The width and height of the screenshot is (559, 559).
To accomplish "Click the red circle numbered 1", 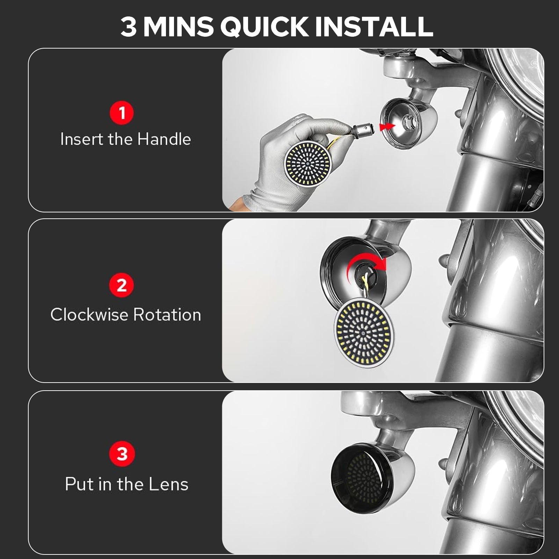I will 122,113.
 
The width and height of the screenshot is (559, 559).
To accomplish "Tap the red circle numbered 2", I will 122,285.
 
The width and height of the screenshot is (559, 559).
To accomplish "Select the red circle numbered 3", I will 122,454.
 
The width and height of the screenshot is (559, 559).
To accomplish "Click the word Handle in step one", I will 164,139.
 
